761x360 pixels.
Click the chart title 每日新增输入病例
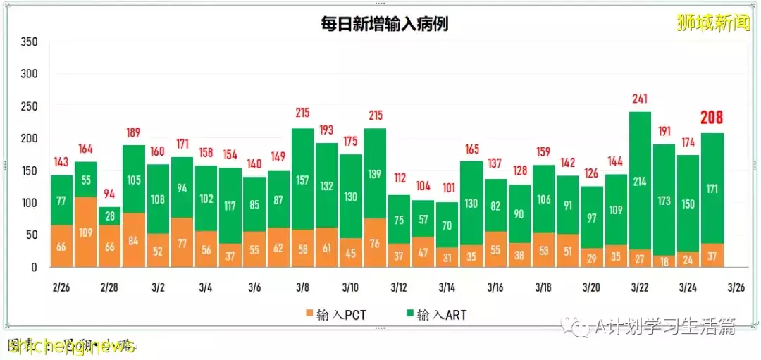pyautogui.click(x=384, y=24)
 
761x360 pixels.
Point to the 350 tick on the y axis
pyautogui.click(x=29, y=42)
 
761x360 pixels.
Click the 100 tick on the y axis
pyautogui.click(x=29, y=203)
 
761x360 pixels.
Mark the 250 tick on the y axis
pyautogui.click(x=29, y=106)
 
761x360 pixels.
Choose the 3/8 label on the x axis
pyautogui.click(x=302, y=287)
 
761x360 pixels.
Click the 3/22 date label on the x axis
pyautogui.click(x=640, y=287)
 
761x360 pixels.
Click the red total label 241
pyautogui.click(x=640, y=99)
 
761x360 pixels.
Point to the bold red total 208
pyautogui.click(x=712, y=118)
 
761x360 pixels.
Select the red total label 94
pyautogui.click(x=110, y=194)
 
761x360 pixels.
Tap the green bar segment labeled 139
pyautogui.click(x=375, y=173)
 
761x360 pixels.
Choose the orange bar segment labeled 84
pyautogui.click(x=134, y=240)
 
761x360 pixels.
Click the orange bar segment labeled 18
pyautogui.click(x=664, y=261)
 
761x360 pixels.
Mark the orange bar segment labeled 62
pyautogui.click(x=278, y=247)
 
